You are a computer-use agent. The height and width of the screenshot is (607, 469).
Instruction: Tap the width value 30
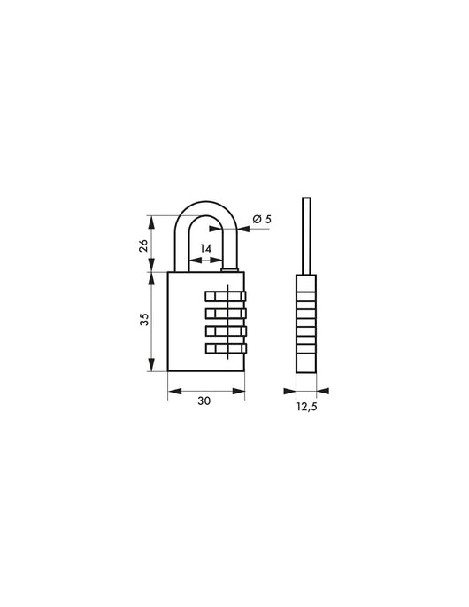pyautogui.click(x=204, y=400)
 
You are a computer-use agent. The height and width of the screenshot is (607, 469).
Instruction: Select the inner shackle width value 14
pyautogui.click(x=205, y=249)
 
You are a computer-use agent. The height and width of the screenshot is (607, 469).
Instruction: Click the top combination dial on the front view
pyautogui.click(x=227, y=297)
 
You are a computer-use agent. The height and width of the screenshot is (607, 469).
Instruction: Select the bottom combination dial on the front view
pyautogui.click(x=227, y=347)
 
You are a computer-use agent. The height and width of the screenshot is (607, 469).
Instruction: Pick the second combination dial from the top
pyautogui.click(x=227, y=314)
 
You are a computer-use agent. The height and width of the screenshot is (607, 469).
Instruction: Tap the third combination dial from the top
pyautogui.click(x=227, y=331)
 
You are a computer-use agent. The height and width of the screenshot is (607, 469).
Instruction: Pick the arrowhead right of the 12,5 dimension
pyautogui.click(x=321, y=389)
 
